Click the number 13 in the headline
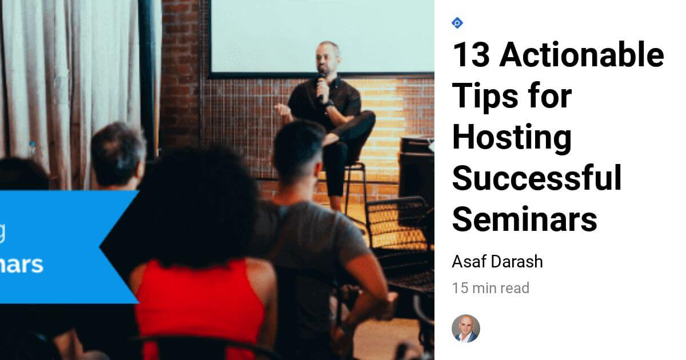coord(470,55)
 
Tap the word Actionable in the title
coord(582,55)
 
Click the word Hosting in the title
coord(512,137)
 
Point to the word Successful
coord(536,178)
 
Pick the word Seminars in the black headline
coord(524,218)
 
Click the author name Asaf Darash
coord(497,262)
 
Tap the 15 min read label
coord(490,288)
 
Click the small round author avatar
coord(465,329)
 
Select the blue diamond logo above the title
coord(457,23)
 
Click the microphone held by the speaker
coord(322,86)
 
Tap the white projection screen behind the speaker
coord(320,34)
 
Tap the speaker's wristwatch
coord(329,105)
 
